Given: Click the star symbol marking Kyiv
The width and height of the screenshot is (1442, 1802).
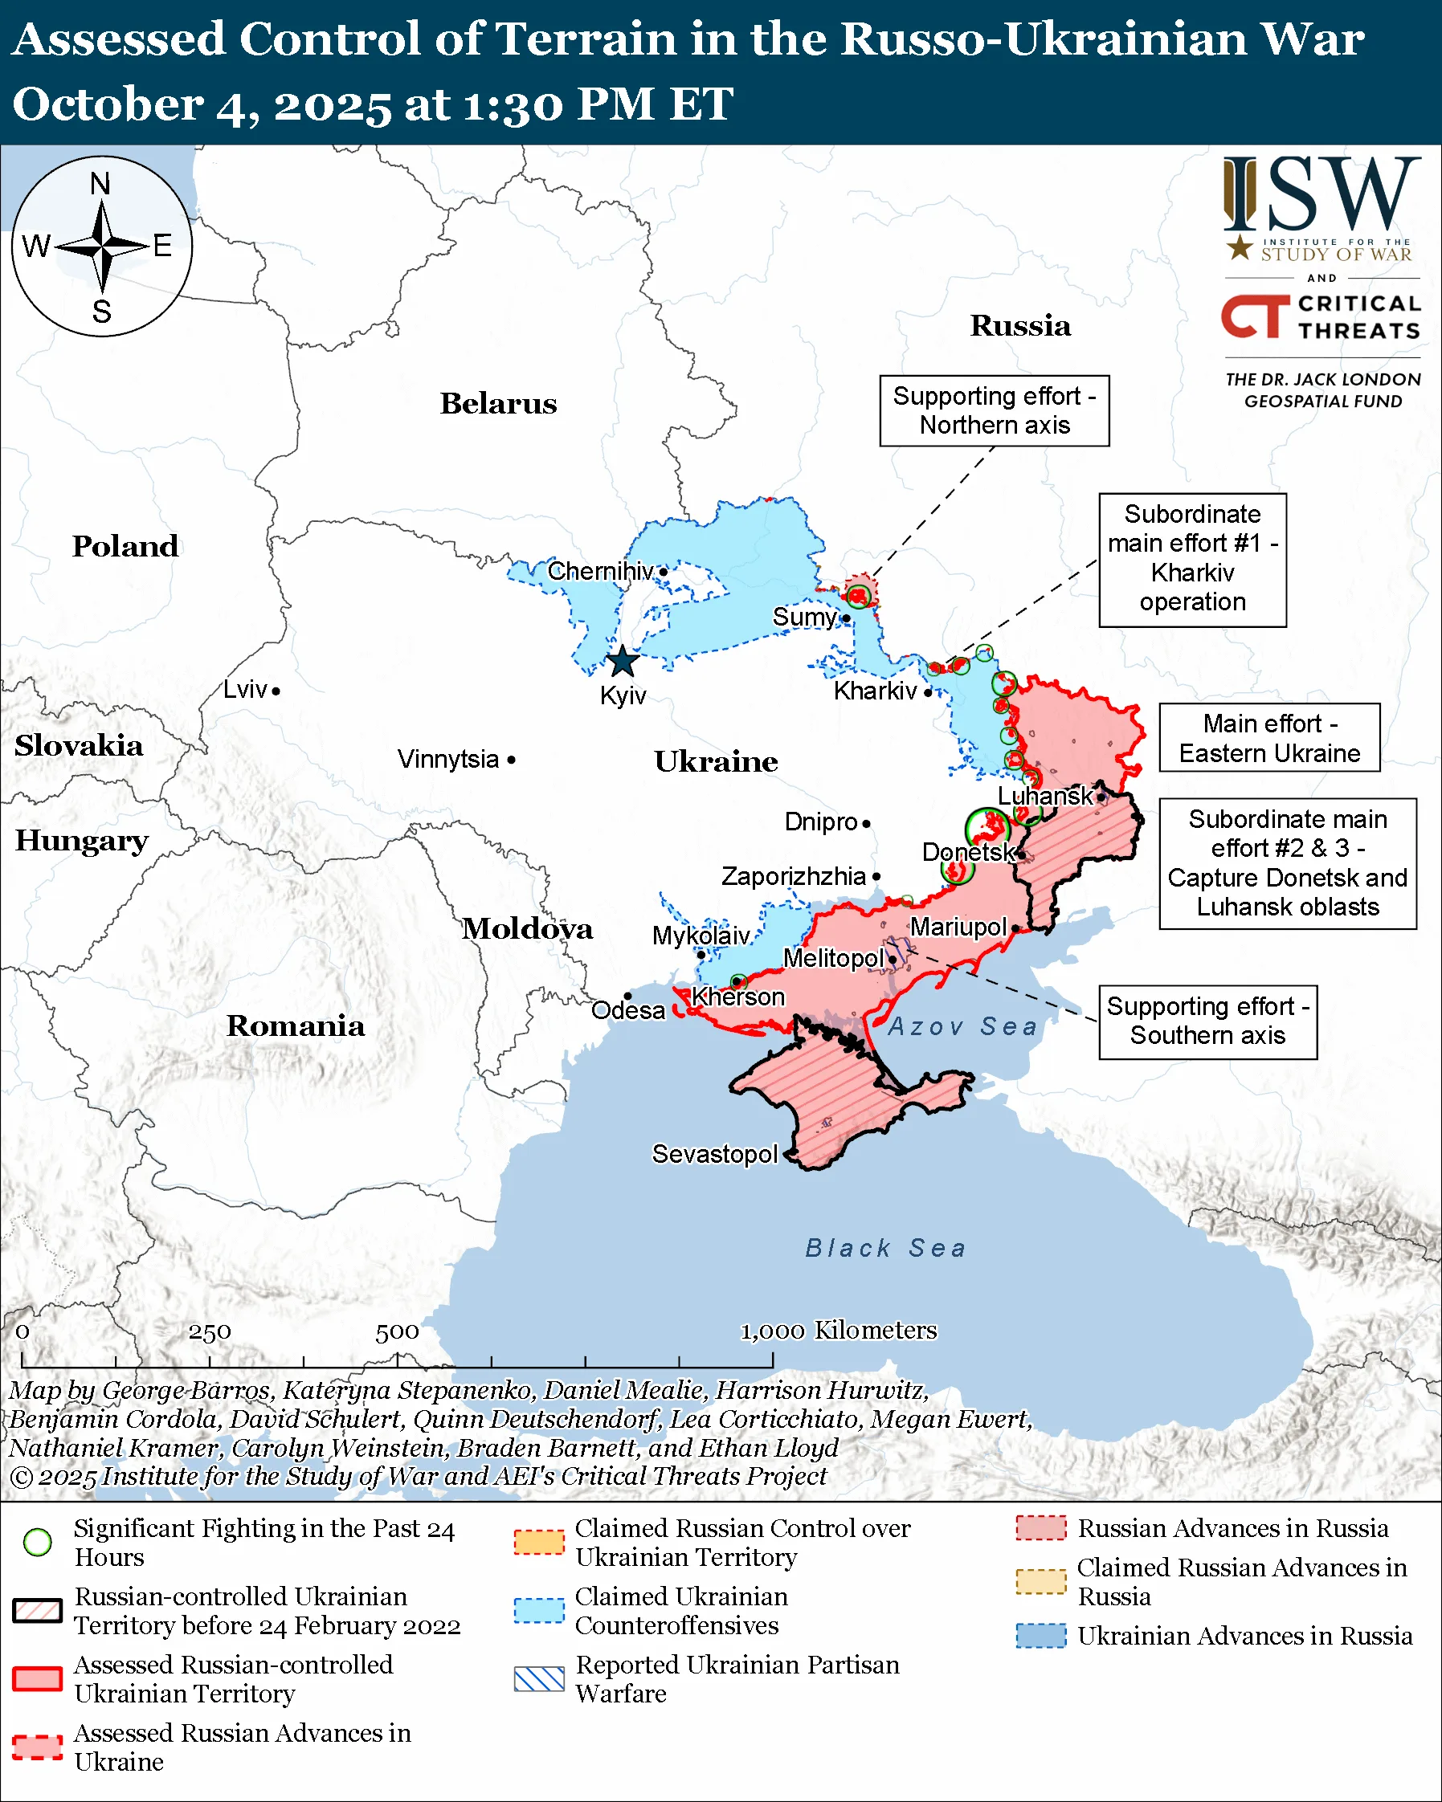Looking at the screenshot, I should click(622, 662).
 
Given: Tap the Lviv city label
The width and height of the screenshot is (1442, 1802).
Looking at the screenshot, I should click(245, 690).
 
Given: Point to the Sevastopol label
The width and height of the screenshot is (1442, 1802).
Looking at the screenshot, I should click(715, 1154).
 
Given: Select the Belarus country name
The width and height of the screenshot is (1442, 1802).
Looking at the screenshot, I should click(498, 404).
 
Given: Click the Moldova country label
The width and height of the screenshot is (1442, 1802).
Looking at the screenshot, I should click(528, 928).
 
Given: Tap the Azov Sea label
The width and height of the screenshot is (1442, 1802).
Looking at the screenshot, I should click(962, 1026).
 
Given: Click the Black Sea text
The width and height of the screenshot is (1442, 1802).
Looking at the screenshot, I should click(885, 1248).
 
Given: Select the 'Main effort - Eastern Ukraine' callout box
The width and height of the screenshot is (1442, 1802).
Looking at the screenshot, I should click(1268, 738).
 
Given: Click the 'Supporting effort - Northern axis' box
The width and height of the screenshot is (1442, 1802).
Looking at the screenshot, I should click(994, 410).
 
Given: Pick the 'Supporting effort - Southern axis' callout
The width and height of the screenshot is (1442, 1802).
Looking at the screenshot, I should click(1207, 1021).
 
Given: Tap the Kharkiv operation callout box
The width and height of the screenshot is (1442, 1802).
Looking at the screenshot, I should click(1192, 559).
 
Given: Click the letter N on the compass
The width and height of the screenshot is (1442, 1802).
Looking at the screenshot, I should click(100, 184).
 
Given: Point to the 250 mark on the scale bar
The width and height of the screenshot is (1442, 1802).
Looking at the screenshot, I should click(209, 1332).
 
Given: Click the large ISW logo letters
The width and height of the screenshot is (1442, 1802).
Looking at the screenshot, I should click(1321, 196).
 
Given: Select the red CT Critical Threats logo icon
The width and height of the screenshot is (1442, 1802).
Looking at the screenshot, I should click(1254, 316).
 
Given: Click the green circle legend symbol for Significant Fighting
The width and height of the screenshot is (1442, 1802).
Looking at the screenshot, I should click(38, 1542).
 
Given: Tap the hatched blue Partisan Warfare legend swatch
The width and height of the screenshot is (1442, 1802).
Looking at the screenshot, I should click(539, 1678).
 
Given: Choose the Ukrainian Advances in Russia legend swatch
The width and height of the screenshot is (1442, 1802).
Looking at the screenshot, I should click(1041, 1636).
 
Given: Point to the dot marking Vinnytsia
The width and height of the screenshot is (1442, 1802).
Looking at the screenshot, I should click(512, 760).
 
